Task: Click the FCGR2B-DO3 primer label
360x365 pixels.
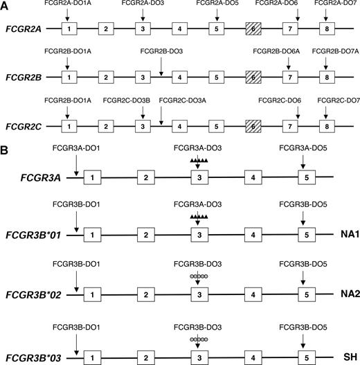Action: (161, 52)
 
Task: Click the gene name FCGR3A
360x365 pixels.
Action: (34, 178)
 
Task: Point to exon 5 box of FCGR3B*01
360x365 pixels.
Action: (305, 236)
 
